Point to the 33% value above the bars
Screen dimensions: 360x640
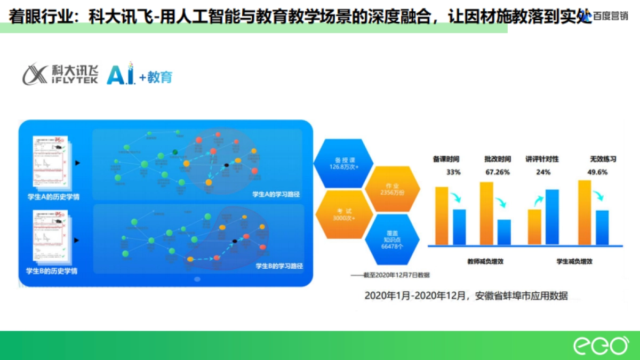(453, 172)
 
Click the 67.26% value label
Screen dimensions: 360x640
(498, 172)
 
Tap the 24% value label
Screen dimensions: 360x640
(543, 172)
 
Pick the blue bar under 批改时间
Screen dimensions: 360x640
(504, 232)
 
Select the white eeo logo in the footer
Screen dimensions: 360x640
(601, 346)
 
